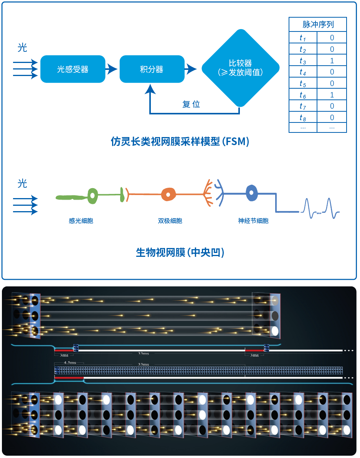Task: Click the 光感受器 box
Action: click(73, 69)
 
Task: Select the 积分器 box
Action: click(152, 69)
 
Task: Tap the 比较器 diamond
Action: click(240, 68)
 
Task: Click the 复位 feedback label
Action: click(191, 104)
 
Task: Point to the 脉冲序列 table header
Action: click(318, 25)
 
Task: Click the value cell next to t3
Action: click(332, 61)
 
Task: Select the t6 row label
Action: click(303, 95)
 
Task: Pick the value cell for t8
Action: click(332, 117)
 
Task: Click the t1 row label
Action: click(303, 38)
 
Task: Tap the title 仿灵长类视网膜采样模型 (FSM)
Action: click(180, 142)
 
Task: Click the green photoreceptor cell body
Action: click(92, 196)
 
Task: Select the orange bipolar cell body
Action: click(168, 194)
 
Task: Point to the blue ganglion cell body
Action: click(251, 193)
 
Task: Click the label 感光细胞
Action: click(81, 221)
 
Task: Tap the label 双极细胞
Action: click(170, 221)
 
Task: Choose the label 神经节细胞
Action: click(253, 221)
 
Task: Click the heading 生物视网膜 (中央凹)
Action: click(180, 253)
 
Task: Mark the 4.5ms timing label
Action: click(70, 363)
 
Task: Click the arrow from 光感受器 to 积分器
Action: click(112, 69)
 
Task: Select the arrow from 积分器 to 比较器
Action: click(191, 69)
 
